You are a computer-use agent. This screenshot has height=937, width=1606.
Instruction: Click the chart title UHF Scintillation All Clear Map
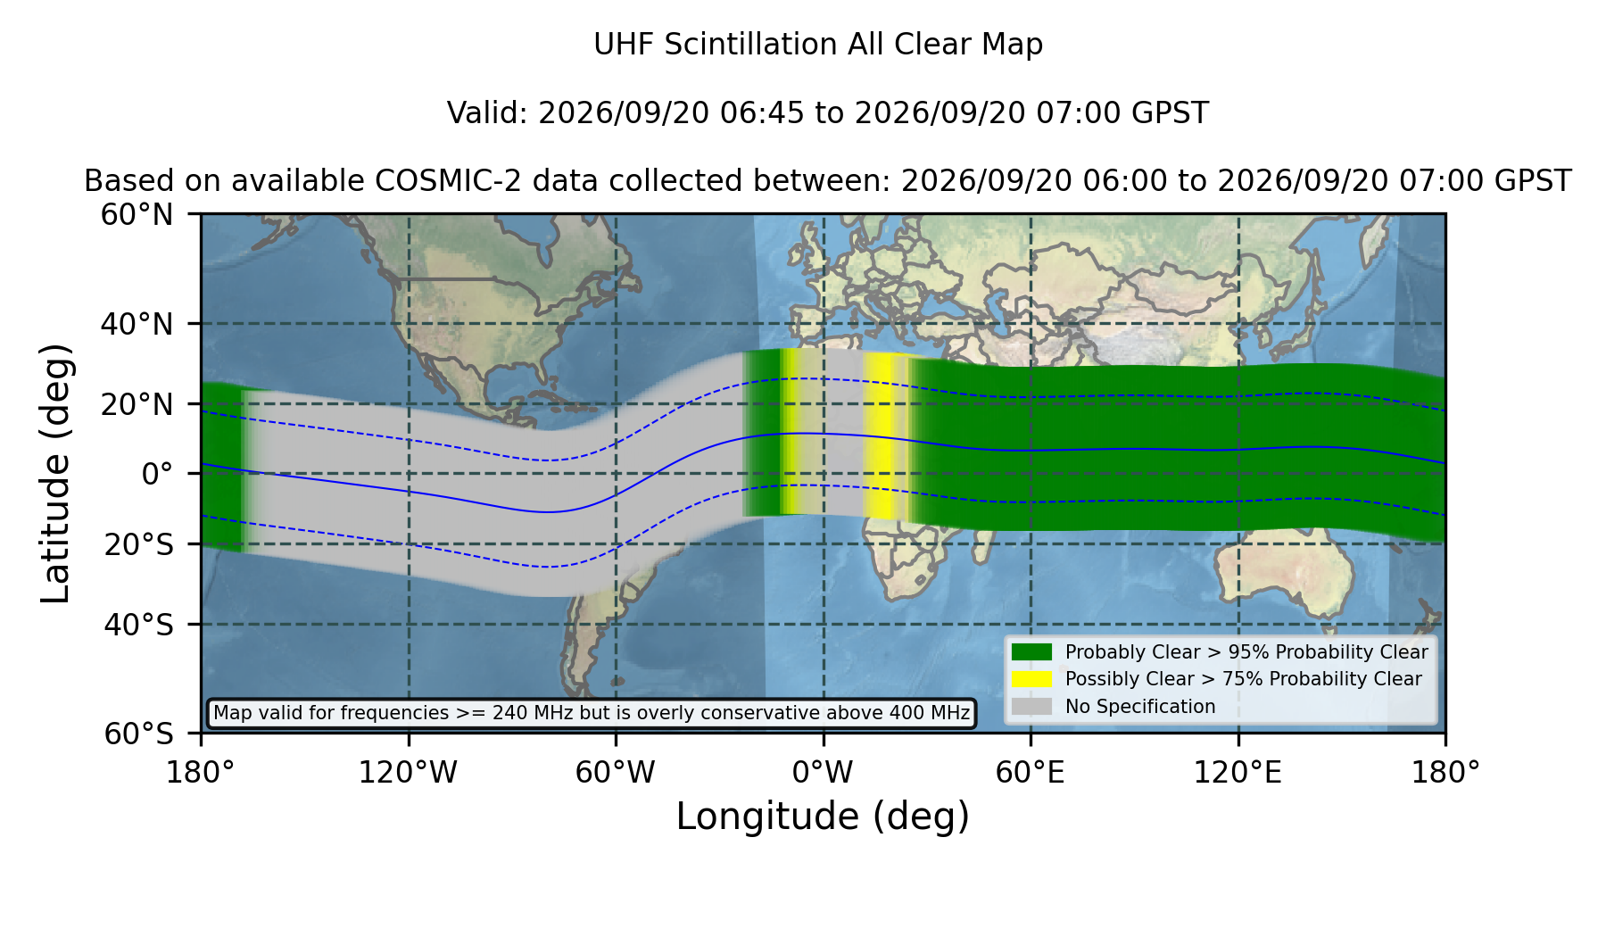[x=818, y=45]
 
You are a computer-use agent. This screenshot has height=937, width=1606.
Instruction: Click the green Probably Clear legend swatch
[x=1032, y=652]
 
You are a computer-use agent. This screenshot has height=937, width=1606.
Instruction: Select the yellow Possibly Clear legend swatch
[x=1032, y=679]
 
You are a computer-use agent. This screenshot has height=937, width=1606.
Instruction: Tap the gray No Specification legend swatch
[x=1032, y=707]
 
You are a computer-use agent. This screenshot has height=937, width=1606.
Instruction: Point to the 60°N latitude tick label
[x=137, y=215]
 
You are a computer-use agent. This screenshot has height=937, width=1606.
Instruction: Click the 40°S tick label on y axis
[x=139, y=625]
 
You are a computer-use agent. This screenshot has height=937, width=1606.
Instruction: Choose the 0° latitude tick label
[x=158, y=474]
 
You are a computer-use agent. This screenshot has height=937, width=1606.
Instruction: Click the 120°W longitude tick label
[x=408, y=773]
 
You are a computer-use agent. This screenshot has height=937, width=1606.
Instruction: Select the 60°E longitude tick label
[x=1031, y=773]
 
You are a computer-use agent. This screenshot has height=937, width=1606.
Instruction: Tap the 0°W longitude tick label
[x=824, y=773]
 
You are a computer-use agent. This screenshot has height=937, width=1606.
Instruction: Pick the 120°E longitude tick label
[x=1238, y=773]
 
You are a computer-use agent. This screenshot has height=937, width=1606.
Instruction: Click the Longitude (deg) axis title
[x=823, y=817]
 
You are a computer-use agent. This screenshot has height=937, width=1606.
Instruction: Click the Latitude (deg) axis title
[x=56, y=474]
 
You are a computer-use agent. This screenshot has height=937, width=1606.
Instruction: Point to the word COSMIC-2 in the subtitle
[x=433, y=181]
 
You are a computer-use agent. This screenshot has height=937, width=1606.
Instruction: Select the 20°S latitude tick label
[x=139, y=544]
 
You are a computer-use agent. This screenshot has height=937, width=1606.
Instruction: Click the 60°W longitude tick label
[x=616, y=773]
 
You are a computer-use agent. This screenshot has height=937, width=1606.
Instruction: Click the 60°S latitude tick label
[x=139, y=734]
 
